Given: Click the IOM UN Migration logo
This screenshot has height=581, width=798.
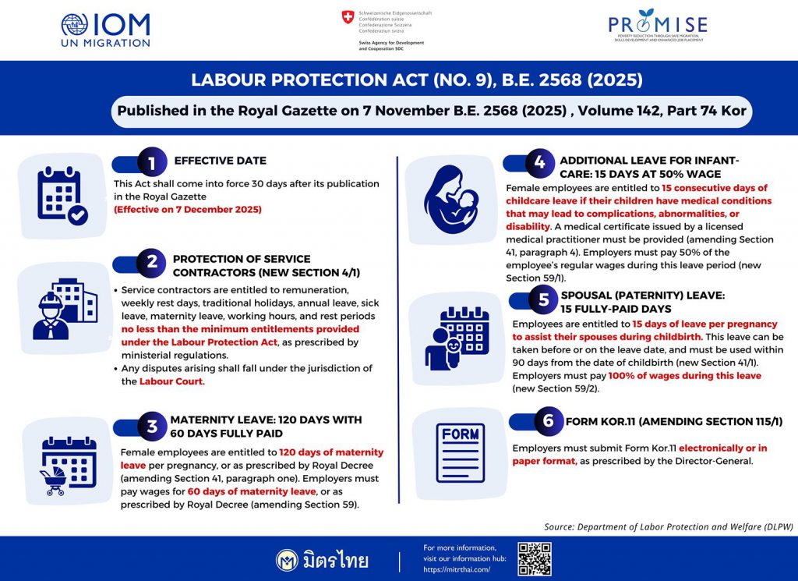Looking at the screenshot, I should tap(105, 29).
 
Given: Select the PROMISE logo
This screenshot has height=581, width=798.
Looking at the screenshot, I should tap(659, 29).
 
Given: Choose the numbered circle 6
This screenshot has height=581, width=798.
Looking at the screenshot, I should tap(549, 421).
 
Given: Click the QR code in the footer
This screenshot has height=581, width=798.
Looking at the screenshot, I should tap(535, 559).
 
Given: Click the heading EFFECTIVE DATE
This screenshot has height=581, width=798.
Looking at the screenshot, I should tap(220, 161).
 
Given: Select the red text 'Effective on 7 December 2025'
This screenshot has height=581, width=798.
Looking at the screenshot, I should tap(187, 209).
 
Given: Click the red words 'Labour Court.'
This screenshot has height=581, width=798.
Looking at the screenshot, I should tap(171, 381).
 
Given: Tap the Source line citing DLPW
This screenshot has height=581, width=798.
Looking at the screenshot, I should tap(669, 526).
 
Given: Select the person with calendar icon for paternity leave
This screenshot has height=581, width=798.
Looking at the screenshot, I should tap(454, 338).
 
